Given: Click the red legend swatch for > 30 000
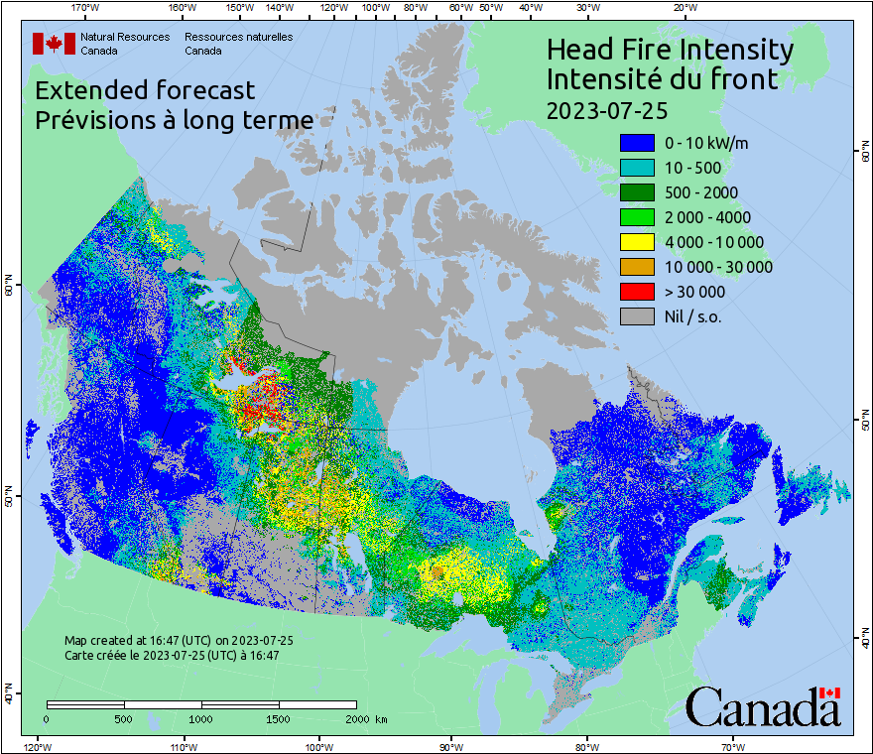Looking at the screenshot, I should [636, 292].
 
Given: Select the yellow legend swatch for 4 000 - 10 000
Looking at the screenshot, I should [636, 242].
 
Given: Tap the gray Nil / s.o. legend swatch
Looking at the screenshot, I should [636, 316].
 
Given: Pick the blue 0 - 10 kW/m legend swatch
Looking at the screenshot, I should [636, 143].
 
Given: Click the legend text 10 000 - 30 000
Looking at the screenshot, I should [718, 267].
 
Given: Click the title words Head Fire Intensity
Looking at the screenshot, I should [670, 50].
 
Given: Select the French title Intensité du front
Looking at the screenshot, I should [662, 79].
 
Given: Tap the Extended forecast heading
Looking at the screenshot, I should [145, 90].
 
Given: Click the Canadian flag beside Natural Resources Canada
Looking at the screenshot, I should [54, 44].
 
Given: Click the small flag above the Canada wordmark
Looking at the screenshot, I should [830, 692].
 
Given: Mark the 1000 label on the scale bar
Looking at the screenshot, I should [201, 718].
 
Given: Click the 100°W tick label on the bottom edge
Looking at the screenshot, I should [319, 746].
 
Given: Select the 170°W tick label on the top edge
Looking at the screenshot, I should [85, 7].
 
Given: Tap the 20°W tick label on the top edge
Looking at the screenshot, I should [684, 7].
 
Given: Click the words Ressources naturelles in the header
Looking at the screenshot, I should [239, 37].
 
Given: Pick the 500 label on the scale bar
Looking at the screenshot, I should [123, 718].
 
